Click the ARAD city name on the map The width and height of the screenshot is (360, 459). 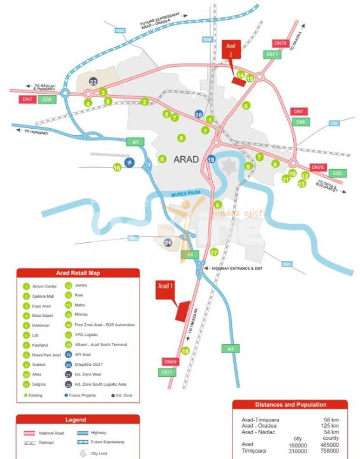(187, 159)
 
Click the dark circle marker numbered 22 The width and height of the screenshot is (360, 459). (94, 82)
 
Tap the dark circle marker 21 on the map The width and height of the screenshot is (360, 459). (168, 243)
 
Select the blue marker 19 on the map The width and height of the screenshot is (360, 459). (211, 159)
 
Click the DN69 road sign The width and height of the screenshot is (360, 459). (169, 361)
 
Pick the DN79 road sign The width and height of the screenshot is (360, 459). (281, 43)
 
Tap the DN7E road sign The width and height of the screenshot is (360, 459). (318, 167)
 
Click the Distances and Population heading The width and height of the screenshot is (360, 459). (290, 404)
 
